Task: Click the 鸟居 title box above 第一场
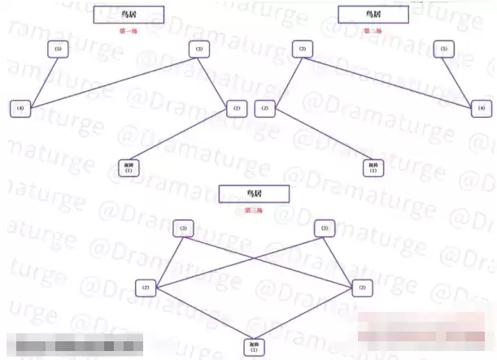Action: [129, 15]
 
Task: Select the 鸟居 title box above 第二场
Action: [372, 15]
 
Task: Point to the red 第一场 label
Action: [129, 31]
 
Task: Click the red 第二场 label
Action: [372, 31]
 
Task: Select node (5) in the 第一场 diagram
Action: [56, 50]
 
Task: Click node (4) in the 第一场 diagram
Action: [21, 108]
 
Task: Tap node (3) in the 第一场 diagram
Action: [198, 50]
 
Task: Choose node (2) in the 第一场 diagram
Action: [236, 108]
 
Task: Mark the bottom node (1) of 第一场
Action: [129, 167]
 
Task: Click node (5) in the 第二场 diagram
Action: [443, 50]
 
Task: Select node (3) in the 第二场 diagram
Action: [302, 50]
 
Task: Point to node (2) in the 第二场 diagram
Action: [264, 108]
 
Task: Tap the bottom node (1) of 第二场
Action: [373, 167]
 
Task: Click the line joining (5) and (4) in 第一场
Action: [39, 79]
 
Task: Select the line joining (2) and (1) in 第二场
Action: [319, 138]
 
